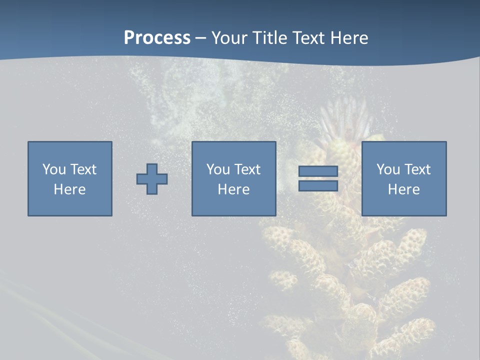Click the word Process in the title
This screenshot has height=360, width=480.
click(157, 38)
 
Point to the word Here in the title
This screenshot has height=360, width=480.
click(349, 38)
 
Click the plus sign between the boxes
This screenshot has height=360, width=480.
click(152, 179)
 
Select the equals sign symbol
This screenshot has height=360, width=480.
click(318, 178)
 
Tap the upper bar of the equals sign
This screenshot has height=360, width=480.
click(318, 171)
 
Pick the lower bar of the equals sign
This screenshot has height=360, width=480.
click(318, 185)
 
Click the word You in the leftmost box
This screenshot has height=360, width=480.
click(54, 169)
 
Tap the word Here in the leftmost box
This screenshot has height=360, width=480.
click(70, 189)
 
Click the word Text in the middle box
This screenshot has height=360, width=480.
click(248, 169)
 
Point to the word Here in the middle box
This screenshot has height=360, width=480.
click(233, 189)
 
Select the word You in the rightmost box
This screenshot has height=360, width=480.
click(388, 169)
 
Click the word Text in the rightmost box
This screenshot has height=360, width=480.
click(418, 169)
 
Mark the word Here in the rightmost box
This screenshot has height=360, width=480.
click(403, 189)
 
